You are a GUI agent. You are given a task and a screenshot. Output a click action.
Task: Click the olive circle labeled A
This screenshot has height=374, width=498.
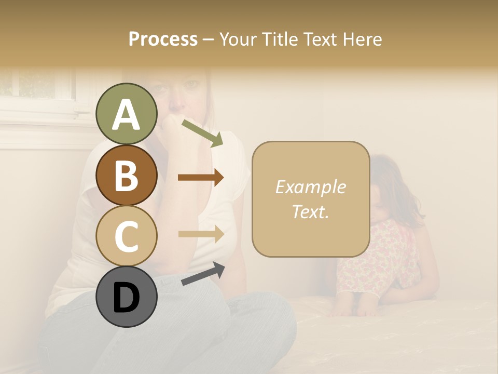coord(126,114)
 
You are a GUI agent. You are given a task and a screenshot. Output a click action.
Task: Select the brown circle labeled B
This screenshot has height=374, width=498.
coord(126,175)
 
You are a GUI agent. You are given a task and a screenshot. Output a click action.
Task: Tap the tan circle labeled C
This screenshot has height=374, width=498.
coord(126,236)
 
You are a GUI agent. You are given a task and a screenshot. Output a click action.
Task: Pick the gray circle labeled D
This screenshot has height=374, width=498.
coord(126,297)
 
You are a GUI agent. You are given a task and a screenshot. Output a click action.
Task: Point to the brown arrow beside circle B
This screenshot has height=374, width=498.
coord(201,178)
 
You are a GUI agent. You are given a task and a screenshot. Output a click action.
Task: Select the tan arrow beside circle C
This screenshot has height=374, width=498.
coord(201,234)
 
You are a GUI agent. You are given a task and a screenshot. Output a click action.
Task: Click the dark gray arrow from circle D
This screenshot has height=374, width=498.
coord(203,274)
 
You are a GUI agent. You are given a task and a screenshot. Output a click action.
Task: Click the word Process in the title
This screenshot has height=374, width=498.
coord(163,39)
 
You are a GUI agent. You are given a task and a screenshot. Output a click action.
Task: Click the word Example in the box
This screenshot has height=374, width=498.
coord(310,187)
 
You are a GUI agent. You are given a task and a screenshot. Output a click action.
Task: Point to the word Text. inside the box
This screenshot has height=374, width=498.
coord(310,211)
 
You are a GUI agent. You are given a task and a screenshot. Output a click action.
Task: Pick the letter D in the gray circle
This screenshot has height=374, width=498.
coord(126,298)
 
